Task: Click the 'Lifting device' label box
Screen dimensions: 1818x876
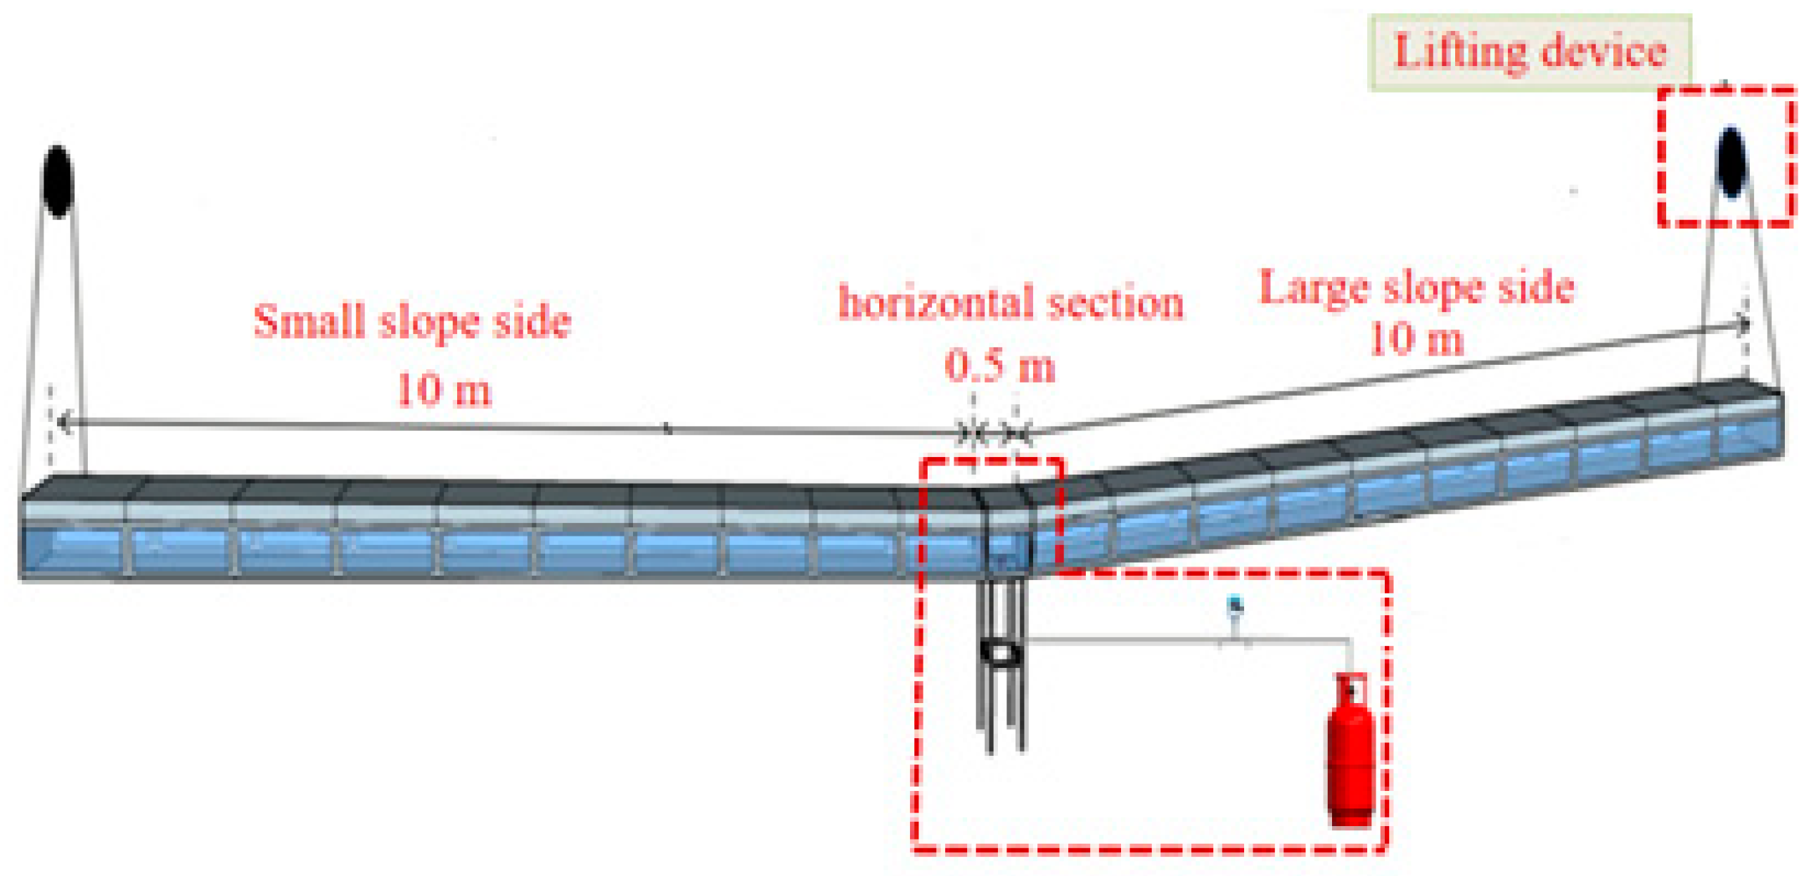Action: click(x=1530, y=53)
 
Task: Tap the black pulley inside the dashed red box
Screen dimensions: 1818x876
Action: click(x=1731, y=162)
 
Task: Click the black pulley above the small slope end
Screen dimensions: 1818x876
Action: click(x=58, y=181)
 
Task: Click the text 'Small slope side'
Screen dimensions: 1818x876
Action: click(x=412, y=321)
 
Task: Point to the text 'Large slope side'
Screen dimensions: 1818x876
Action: click(x=1417, y=288)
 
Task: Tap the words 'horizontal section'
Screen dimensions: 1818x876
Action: click(x=1011, y=303)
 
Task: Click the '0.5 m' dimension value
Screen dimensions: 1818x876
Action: click(x=999, y=366)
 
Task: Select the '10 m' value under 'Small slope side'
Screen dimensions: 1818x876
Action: click(x=443, y=389)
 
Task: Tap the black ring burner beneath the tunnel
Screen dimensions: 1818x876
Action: click(x=1001, y=652)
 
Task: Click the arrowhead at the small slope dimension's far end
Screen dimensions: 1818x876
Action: click(x=63, y=423)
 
